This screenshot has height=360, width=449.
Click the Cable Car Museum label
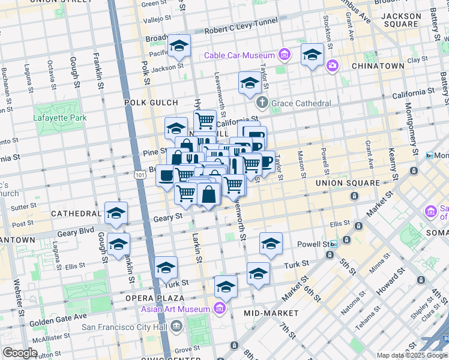pyautogui.click(x=239, y=56)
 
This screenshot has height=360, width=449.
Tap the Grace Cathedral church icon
pyautogui.click(x=262, y=103)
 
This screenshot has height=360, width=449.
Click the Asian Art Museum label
pyautogui.click(x=176, y=310)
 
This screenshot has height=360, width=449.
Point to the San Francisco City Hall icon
pyautogui.click(x=176, y=326)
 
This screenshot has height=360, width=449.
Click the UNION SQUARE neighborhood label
pyautogui.click(x=348, y=183)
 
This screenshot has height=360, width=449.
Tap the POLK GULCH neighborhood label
pyautogui.click(x=148, y=103)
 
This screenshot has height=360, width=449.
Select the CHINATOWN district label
pyautogui.click(x=378, y=66)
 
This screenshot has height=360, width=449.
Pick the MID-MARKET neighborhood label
pyautogui.click(x=271, y=313)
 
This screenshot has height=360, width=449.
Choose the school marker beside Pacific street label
pyautogui.click(x=179, y=46)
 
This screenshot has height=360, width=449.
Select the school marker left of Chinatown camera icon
pyautogui.click(x=312, y=55)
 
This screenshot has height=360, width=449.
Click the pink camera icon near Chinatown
pyautogui.click(x=332, y=65)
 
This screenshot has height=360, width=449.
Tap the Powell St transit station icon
pyautogui.click(x=333, y=244)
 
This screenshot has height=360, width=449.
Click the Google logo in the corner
pyautogui.click(x=20, y=353)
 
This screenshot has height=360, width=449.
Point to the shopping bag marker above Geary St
pyautogui.click(x=208, y=195)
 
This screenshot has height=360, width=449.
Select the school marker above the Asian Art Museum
pyautogui.click(x=226, y=287)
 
